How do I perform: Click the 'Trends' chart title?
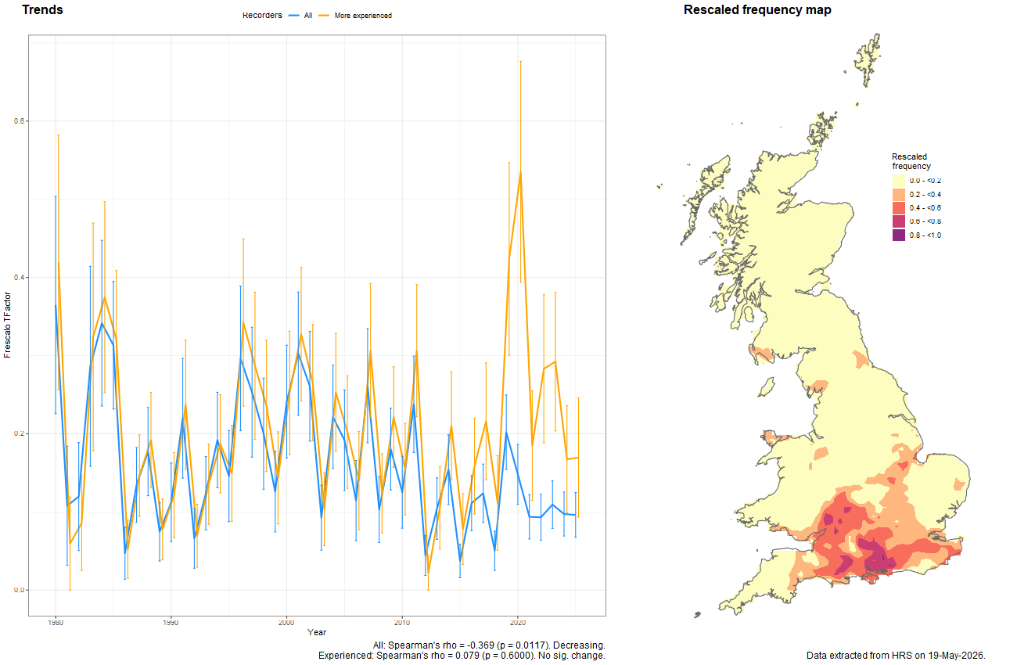point(42,9)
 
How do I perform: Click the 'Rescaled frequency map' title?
point(757,10)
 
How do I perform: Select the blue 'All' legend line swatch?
point(293,16)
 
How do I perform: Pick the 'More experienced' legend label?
point(363,16)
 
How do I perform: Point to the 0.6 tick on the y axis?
point(19,121)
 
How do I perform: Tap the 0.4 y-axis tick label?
point(19,278)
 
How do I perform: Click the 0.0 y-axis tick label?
point(19,590)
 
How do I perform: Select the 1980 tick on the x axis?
point(56,622)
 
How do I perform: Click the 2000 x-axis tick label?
point(286,622)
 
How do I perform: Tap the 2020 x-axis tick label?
point(518,622)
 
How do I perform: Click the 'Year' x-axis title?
point(317,632)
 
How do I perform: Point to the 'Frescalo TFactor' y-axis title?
point(7,325)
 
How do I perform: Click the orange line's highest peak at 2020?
point(520,171)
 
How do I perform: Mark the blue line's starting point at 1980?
point(56,305)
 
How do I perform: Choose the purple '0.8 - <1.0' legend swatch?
point(899,235)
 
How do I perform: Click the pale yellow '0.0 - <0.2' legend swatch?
point(899,181)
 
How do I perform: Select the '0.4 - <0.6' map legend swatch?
point(899,208)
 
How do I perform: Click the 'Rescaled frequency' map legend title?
point(911,161)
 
